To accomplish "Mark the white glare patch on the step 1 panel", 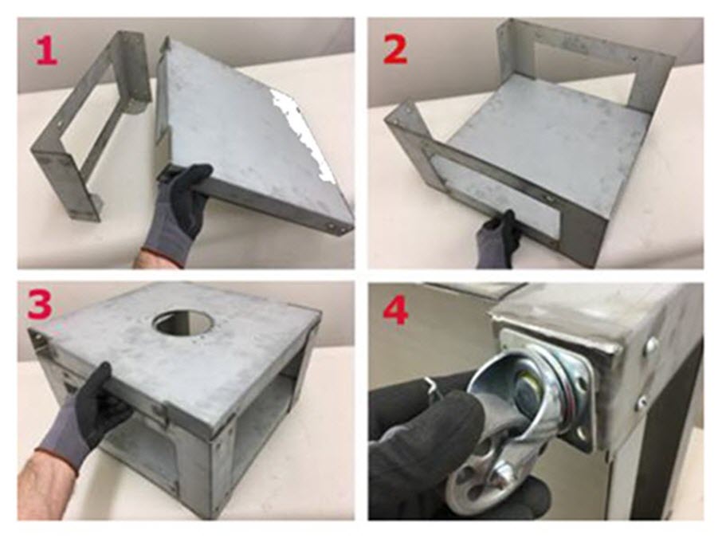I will tap(299, 128).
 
